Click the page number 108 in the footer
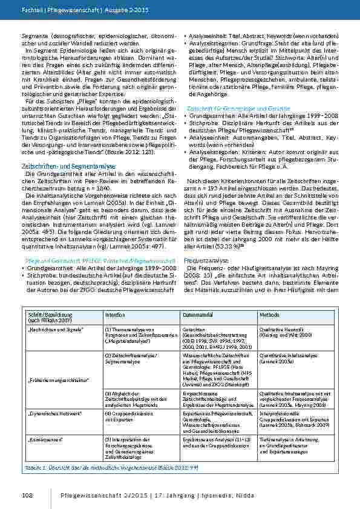(x=27, y=496)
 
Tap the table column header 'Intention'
(x=115, y=315)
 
